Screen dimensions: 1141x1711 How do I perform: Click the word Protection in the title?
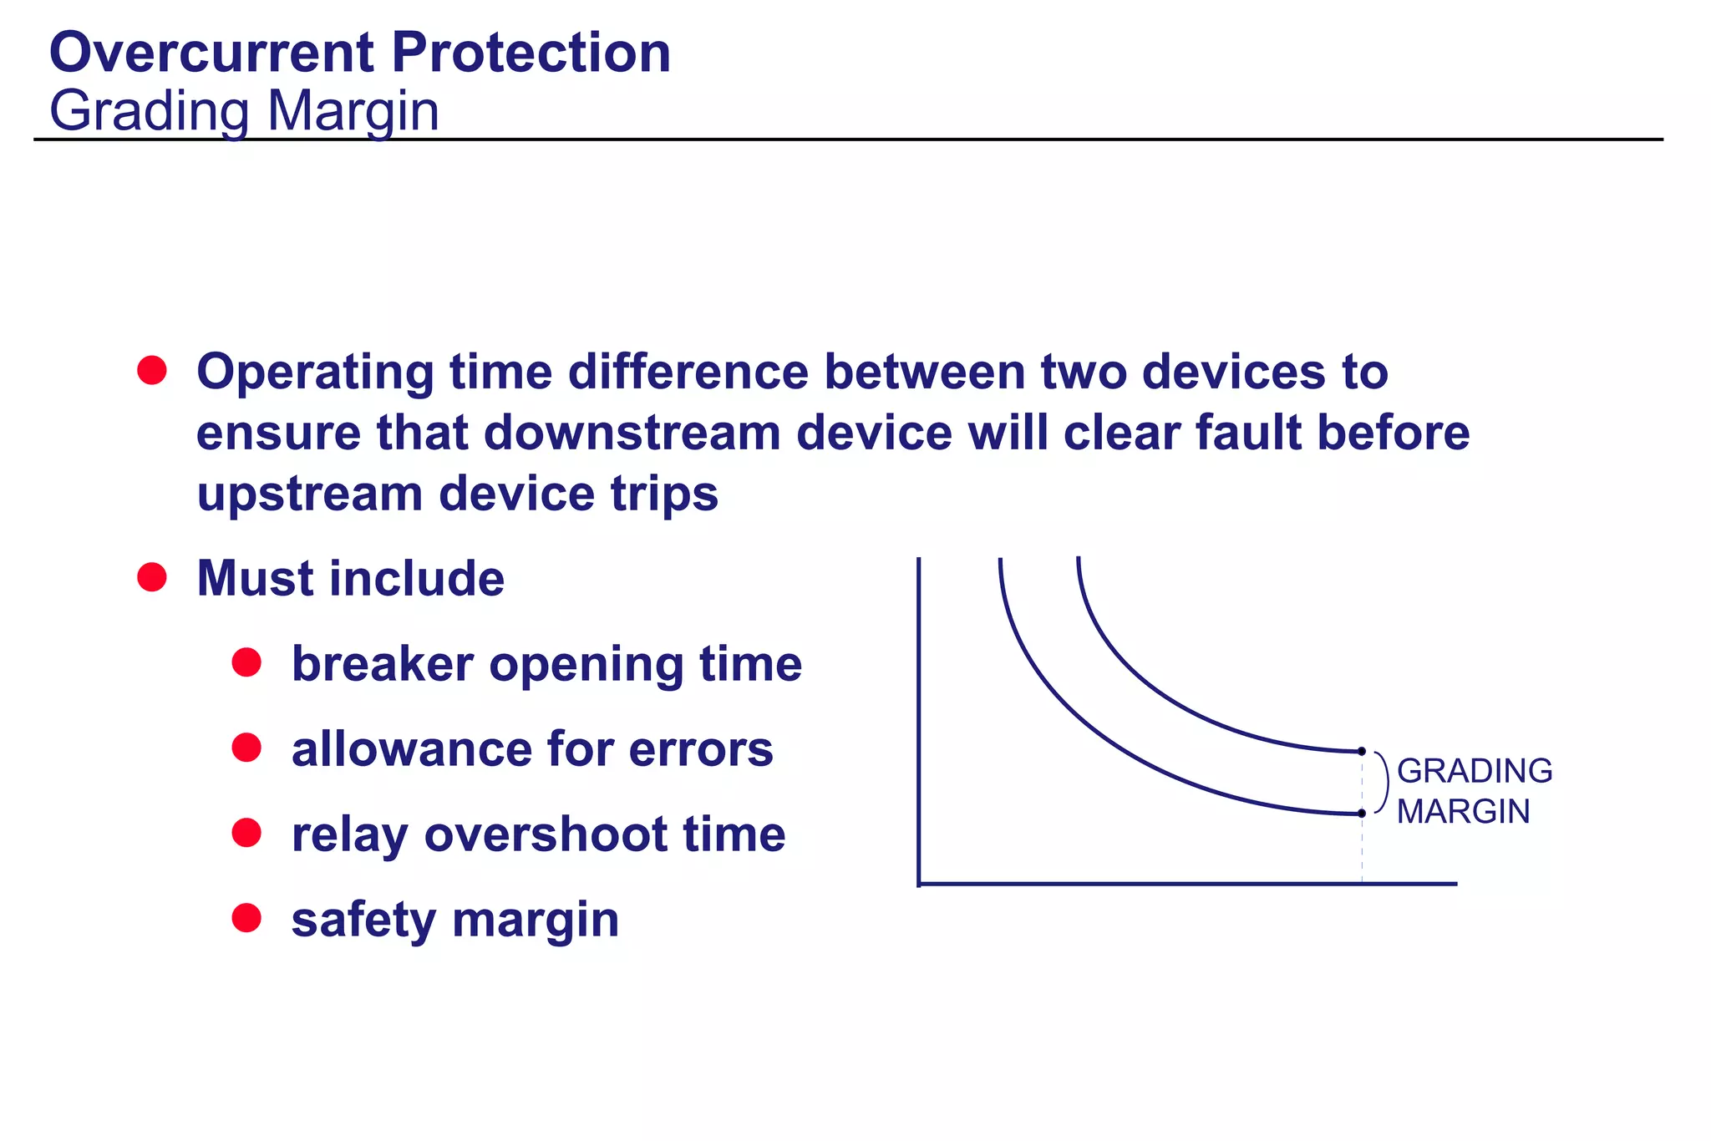pyautogui.click(x=531, y=53)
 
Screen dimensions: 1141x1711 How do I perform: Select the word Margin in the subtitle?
pyautogui.click(x=353, y=111)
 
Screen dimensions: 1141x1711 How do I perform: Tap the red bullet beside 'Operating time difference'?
pyautogui.click(x=152, y=370)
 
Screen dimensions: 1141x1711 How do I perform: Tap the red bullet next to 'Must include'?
pyautogui.click(x=152, y=576)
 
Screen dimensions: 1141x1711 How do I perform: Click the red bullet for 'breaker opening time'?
pyautogui.click(x=246, y=662)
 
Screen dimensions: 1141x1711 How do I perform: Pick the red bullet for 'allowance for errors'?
pyautogui.click(x=246, y=748)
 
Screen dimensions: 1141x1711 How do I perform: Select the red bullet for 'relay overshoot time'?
pyautogui.click(x=246, y=833)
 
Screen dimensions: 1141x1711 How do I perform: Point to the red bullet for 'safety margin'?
pyautogui.click(x=246, y=918)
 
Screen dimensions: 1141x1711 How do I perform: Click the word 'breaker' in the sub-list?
pyautogui.click(x=383, y=664)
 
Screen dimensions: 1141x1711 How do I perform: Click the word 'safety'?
pyautogui.click(x=363, y=920)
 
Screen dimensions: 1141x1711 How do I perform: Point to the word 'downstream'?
pyautogui.click(x=632, y=433)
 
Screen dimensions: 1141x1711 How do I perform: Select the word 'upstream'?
pyautogui.click(x=310, y=494)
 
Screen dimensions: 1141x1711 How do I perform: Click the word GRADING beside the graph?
pyautogui.click(x=1475, y=771)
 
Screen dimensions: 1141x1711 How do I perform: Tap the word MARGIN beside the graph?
pyautogui.click(x=1464, y=812)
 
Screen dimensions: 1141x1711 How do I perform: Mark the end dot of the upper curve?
pyautogui.click(x=1362, y=752)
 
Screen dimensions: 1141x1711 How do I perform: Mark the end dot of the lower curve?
pyautogui.click(x=1362, y=813)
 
